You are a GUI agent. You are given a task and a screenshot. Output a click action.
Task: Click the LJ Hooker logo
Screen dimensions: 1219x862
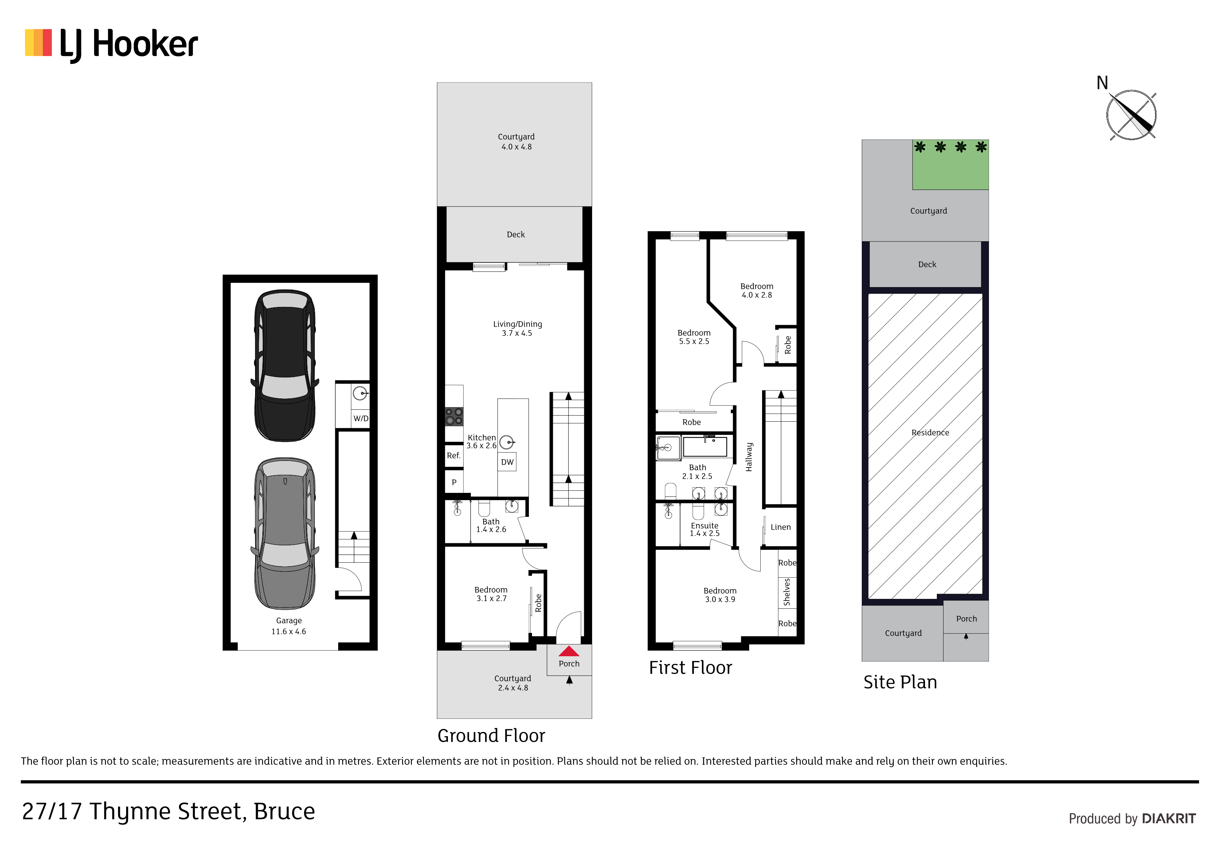pyautogui.click(x=112, y=44)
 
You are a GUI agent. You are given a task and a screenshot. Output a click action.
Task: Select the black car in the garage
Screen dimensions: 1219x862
pyautogui.click(x=285, y=365)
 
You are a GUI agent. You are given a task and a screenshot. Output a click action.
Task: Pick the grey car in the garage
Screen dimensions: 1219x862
pyautogui.click(x=285, y=533)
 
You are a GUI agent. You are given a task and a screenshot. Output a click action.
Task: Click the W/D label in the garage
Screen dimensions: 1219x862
pyautogui.click(x=361, y=418)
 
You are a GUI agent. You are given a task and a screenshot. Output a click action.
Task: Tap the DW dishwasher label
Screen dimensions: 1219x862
pyautogui.click(x=507, y=462)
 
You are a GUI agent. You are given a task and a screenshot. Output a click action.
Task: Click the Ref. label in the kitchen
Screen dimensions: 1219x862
pyautogui.click(x=453, y=456)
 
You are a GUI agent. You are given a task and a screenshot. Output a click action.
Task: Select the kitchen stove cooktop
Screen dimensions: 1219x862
pyautogui.click(x=454, y=416)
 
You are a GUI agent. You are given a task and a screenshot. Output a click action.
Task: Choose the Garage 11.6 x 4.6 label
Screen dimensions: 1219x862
pyautogui.click(x=289, y=626)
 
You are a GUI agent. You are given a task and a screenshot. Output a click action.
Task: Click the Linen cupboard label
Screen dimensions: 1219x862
pyautogui.click(x=780, y=527)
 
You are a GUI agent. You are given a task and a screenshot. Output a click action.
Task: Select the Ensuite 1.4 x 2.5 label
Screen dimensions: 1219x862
pyautogui.click(x=704, y=529)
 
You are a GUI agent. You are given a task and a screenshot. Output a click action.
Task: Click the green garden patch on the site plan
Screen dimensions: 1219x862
pyautogui.click(x=950, y=165)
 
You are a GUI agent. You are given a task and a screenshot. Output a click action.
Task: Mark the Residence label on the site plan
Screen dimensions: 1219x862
pyautogui.click(x=930, y=433)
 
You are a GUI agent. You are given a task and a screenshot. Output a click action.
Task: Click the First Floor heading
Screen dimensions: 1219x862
pyautogui.click(x=690, y=668)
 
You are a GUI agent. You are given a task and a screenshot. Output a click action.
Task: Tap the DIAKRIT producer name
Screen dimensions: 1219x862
pyautogui.click(x=1169, y=819)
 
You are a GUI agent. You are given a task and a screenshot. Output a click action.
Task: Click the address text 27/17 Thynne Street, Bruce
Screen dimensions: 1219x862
pyautogui.click(x=168, y=812)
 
